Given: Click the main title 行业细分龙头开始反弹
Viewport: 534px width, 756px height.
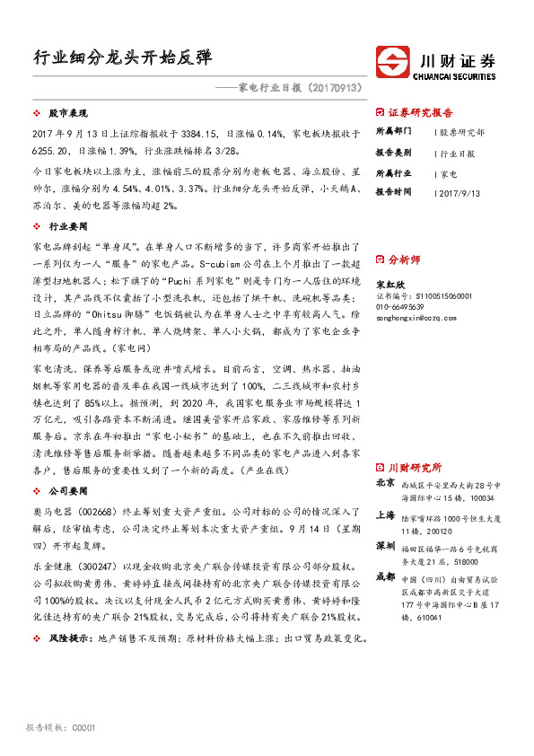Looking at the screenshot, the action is pyautogui.click(x=123, y=57).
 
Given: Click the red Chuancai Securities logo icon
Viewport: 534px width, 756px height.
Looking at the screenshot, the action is pyautogui.click(x=392, y=63).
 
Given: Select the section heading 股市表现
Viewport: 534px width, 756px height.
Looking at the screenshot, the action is pyautogui.click(x=65, y=116).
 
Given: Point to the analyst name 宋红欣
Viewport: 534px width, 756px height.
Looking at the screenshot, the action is pyautogui.click(x=390, y=283).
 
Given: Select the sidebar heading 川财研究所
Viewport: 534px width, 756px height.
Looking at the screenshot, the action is pyautogui.click(x=415, y=468).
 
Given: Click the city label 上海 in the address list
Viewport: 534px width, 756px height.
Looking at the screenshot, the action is pyautogui.click(x=385, y=515).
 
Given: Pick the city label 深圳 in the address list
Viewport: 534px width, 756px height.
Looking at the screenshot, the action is pyautogui.click(x=385, y=546).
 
